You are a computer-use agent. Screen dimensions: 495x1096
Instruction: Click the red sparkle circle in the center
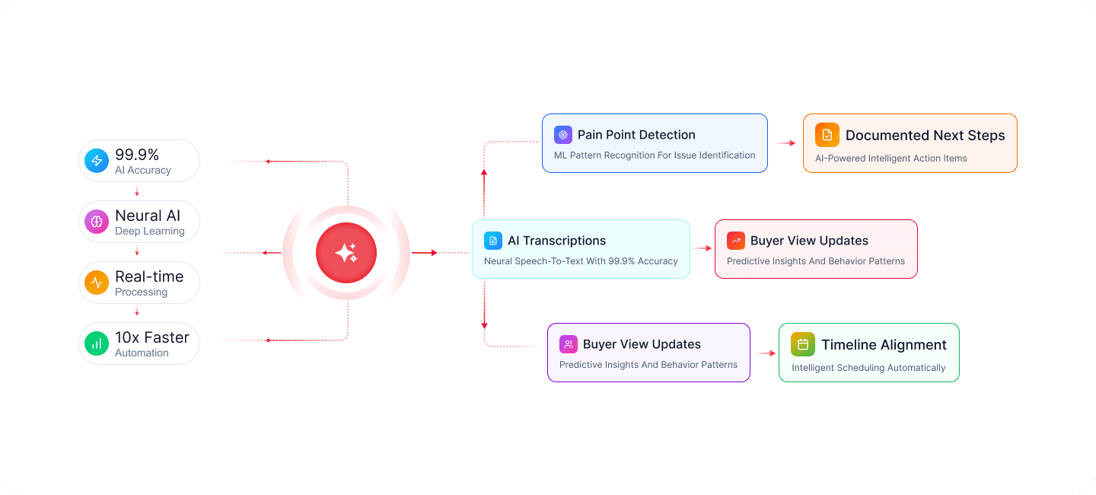click(x=346, y=253)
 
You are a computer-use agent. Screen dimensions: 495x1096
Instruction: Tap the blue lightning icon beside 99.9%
click(x=97, y=161)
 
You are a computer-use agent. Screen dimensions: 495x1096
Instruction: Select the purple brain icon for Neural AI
click(x=97, y=222)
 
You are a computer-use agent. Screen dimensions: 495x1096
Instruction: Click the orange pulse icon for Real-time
click(x=97, y=283)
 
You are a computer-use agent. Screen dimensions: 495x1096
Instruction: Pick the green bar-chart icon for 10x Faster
click(x=97, y=343)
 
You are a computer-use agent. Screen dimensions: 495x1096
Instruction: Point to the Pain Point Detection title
click(x=636, y=135)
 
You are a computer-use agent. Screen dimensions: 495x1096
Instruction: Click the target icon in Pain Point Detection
click(x=563, y=135)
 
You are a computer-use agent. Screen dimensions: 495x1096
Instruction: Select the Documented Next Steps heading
click(x=925, y=136)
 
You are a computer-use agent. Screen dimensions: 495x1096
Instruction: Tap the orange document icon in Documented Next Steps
click(x=827, y=135)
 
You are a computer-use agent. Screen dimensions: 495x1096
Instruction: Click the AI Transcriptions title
click(x=557, y=241)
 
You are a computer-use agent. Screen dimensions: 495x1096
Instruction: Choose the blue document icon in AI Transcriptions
click(x=493, y=241)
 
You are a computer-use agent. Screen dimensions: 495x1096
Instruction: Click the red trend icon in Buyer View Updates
click(x=736, y=241)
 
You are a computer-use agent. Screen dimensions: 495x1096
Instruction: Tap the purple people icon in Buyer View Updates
click(x=569, y=344)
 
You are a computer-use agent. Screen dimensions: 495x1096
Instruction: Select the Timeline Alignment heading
click(x=884, y=345)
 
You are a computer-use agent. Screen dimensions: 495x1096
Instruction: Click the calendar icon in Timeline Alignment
click(x=803, y=344)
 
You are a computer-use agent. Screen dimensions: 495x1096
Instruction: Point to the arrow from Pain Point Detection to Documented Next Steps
click(x=786, y=143)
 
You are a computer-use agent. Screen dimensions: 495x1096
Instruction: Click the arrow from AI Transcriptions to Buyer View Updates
click(x=702, y=248)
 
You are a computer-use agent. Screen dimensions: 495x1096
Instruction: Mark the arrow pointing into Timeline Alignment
click(x=766, y=353)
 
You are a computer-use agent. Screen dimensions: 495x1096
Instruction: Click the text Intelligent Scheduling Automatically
click(x=868, y=368)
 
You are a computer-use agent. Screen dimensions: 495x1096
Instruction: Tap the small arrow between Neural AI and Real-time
click(x=137, y=251)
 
